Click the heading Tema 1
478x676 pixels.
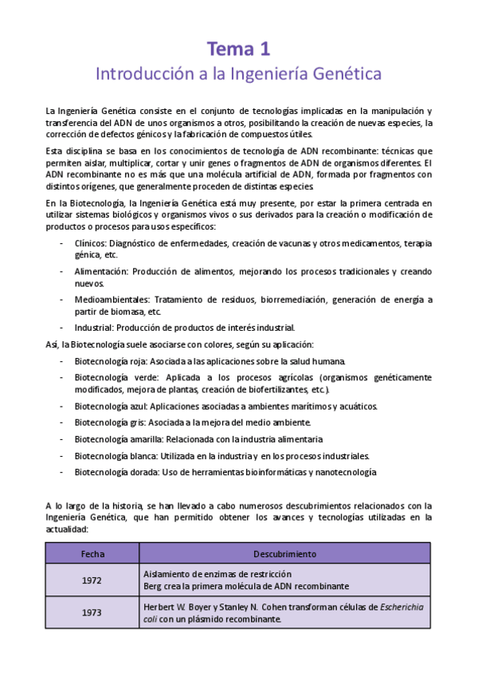point(238,49)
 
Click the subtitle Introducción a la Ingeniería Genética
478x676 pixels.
point(238,74)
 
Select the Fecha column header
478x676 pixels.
point(92,553)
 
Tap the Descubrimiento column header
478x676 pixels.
point(284,553)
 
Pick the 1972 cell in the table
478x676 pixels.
point(92,580)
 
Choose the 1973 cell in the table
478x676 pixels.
point(92,612)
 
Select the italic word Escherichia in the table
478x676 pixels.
point(402,607)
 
